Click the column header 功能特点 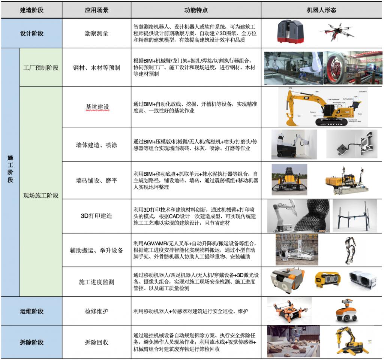click(196, 10)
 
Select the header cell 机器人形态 click(322, 10)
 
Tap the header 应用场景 click(96, 10)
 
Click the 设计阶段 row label click(31, 33)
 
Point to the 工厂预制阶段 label click(41, 68)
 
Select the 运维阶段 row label click(31, 311)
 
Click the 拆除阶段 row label click(31, 342)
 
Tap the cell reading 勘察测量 click(96, 33)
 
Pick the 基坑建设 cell click(97, 107)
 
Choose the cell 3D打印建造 click(96, 216)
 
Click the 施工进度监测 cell click(96, 282)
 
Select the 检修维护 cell click(96, 311)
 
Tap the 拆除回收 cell click(96, 342)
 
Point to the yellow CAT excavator click(321, 107)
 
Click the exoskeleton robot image click(351, 249)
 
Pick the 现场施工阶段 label click(41, 195)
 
